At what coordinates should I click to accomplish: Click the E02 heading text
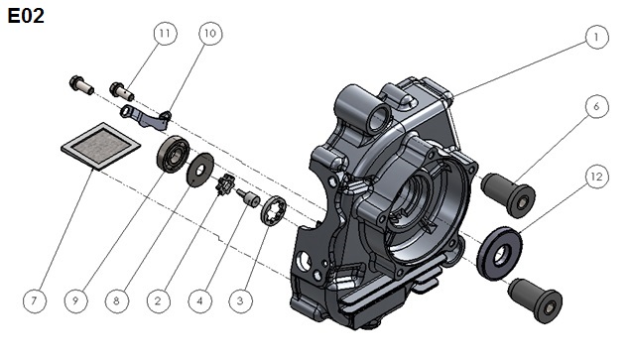click(x=26, y=16)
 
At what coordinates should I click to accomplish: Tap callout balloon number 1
click(x=596, y=37)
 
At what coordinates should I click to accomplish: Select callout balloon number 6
click(x=596, y=106)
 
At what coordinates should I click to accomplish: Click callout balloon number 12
click(x=596, y=177)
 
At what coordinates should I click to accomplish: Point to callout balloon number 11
click(x=165, y=33)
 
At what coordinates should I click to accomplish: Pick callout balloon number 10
click(x=210, y=34)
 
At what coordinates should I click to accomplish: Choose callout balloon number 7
click(x=34, y=300)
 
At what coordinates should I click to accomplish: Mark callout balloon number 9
click(x=75, y=300)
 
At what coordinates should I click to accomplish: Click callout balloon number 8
click(x=117, y=300)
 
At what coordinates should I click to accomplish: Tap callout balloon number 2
click(x=158, y=300)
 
